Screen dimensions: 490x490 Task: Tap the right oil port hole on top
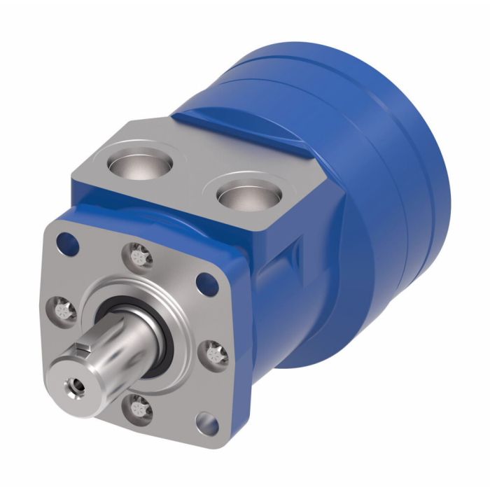(x=246, y=195)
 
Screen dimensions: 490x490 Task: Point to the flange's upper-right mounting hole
(x=205, y=283)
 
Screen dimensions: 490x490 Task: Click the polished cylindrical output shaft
(x=126, y=343)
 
